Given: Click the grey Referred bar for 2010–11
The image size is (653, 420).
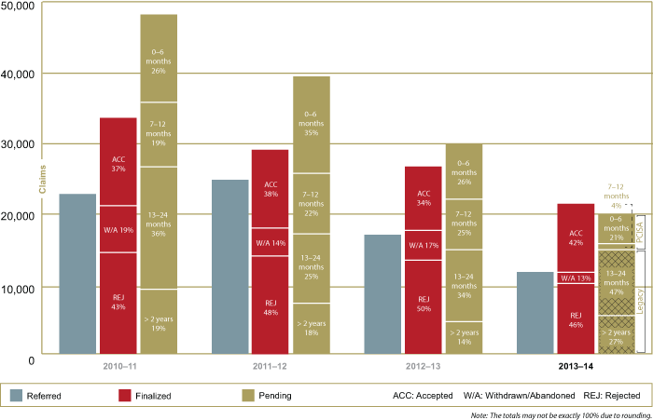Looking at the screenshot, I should [x=77, y=274].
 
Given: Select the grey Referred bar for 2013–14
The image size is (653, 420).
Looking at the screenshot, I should [x=535, y=313].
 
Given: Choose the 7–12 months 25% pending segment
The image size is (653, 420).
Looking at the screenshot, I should [x=464, y=224].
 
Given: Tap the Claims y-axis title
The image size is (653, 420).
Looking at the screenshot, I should [x=42, y=177].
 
